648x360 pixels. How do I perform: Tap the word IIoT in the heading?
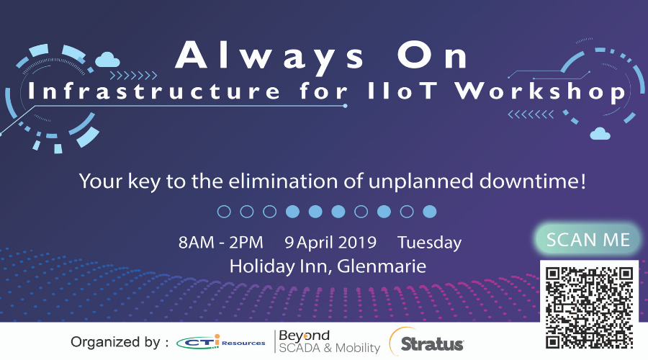click(x=402, y=91)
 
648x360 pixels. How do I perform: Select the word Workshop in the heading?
click(x=540, y=91)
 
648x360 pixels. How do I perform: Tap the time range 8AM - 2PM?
click(x=221, y=242)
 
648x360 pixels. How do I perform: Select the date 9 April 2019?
click(x=330, y=242)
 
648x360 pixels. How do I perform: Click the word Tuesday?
click(x=429, y=243)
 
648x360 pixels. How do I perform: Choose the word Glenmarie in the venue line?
click(x=382, y=266)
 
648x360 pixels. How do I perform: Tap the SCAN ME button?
click(x=588, y=239)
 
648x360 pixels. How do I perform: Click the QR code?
click(x=589, y=308)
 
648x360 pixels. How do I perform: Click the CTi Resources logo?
click(x=220, y=342)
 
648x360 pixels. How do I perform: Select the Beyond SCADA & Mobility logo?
click(x=328, y=342)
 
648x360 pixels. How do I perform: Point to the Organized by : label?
click(x=120, y=342)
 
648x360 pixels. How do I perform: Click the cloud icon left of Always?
click(x=107, y=60)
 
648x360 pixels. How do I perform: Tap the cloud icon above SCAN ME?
click(x=600, y=133)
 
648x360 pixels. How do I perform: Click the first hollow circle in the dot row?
click(x=224, y=212)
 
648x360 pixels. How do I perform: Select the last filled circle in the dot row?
click(x=430, y=212)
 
